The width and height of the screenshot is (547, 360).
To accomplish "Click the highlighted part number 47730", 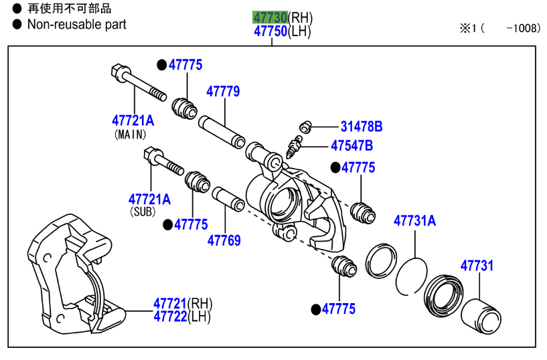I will tap(270, 17).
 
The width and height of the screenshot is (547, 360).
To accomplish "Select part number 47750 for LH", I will tap(270, 31).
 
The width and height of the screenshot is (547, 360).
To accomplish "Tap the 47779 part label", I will tap(223, 92).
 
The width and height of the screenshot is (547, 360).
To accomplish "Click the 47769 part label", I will tap(224, 240).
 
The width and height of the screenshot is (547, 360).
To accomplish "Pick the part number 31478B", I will tap(361, 126).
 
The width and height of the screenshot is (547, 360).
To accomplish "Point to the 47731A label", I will tap(414, 220).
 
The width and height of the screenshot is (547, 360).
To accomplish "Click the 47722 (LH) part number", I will tap(170, 317).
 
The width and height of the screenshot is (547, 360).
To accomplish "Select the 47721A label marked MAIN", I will tap(133, 120).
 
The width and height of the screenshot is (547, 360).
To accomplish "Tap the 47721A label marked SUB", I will tap(149, 199).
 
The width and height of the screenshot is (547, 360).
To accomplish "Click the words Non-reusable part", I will tap(76, 25).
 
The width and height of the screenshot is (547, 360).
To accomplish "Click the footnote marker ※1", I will tap(467, 28).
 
